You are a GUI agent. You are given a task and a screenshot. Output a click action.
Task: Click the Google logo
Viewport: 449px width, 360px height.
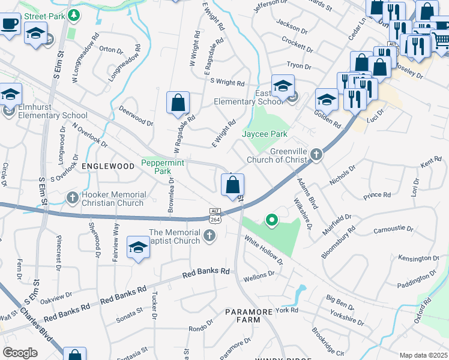tap(20, 353)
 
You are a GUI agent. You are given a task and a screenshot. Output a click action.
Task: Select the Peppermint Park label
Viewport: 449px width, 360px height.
tap(162, 167)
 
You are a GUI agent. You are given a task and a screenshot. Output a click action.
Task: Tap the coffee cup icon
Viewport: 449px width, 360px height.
tap(10, 24)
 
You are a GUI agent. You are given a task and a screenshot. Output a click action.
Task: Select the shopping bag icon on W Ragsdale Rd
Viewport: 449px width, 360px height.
tap(178, 103)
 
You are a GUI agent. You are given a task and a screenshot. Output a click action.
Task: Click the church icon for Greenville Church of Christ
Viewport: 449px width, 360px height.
tap(316, 156)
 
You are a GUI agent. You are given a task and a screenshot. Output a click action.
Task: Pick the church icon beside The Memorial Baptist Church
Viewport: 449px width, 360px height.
tap(209, 236)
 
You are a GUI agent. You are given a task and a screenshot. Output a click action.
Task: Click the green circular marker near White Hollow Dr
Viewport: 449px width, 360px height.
tap(271, 221)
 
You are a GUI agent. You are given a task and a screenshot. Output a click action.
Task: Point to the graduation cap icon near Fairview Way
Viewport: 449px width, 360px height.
tap(138, 248)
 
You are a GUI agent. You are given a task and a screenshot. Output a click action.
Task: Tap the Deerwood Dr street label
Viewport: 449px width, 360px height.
tap(136, 121)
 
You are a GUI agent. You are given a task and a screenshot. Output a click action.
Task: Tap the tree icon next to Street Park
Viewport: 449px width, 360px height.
tap(73, 14)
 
